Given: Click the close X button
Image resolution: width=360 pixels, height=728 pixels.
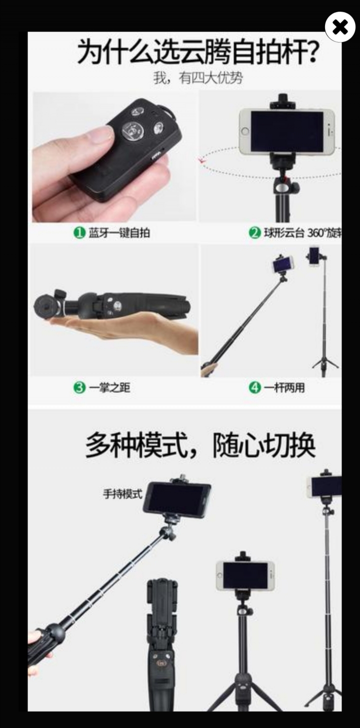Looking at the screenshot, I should pos(340,27).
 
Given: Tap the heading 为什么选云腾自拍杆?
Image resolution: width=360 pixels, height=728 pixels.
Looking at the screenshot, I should pos(197,52).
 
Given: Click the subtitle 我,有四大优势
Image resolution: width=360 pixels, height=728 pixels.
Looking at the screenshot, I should pos(198,78).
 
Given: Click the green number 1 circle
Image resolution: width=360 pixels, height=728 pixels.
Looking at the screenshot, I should pos(79,232).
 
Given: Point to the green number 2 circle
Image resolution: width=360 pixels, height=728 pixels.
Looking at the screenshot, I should pos(255,232).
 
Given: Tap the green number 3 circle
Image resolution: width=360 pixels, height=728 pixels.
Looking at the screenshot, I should pos(79,388).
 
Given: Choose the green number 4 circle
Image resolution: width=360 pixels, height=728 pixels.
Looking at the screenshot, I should pos(255,388).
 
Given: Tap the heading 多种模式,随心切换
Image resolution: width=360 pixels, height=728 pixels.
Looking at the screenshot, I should pos(200,445).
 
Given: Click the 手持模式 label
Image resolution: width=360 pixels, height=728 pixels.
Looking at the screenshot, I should pos(122,494).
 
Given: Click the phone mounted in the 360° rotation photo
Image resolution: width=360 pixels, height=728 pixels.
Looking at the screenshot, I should pos(286,131).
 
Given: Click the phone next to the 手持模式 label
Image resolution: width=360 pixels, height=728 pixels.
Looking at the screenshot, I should pos(176,498).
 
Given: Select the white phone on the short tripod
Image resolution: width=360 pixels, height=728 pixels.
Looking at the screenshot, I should pos(245,575).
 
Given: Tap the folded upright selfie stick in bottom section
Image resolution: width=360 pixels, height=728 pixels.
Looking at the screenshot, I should pos(161,645).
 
